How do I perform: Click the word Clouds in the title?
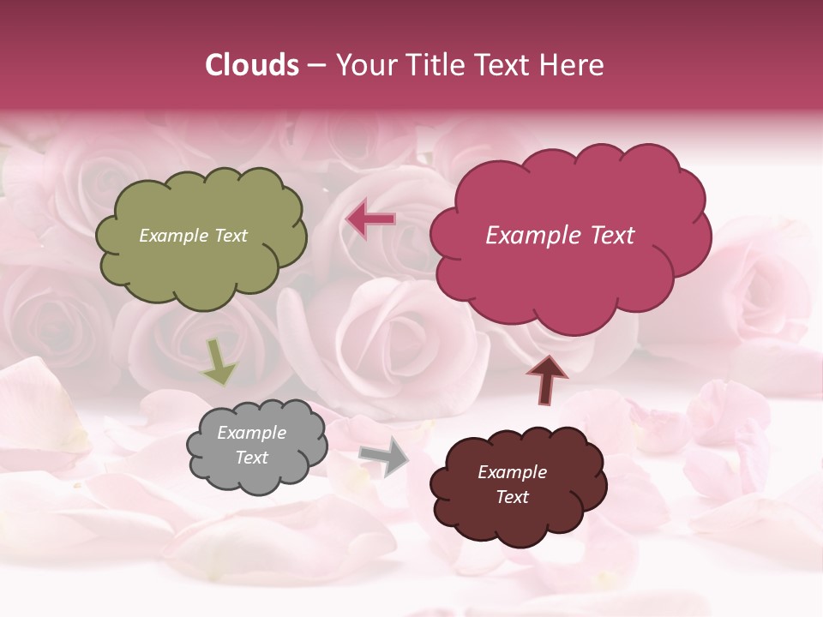click(252, 65)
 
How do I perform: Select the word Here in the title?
click(574, 65)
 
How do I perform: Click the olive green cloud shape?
click(201, 266)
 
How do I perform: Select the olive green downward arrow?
click(219, 362)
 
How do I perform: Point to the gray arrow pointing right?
click(384, 455)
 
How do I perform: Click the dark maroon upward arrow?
click(546, 380)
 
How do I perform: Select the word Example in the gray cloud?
click(251, 433)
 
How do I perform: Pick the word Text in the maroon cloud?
click(512, 497)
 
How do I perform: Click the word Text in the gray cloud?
click(251, 458)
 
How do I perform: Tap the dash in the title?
click(316, 66)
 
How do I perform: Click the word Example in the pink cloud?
click(527, 236)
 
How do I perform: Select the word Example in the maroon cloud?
click(512, 472)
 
